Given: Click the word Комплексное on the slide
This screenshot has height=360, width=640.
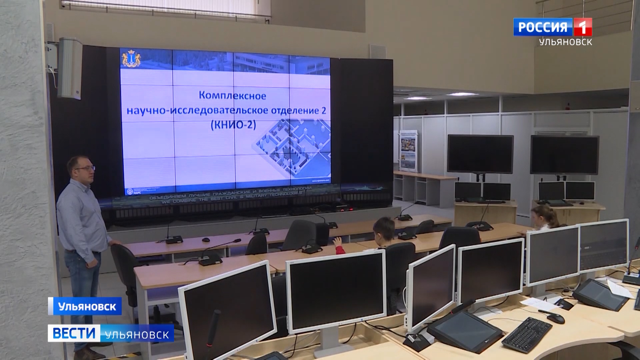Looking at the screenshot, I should pyautogui.click(x=232, y=96).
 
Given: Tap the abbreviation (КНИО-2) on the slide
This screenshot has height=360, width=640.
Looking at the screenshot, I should pyautogui.click(x=233, y=125).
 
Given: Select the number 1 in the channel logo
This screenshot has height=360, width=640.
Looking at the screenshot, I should pyautogui.click(x=582, y=27).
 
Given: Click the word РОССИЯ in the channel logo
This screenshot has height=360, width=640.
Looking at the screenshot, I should pyautogui.click(x=543, y=27).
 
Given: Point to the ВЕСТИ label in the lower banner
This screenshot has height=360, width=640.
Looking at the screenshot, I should pyautogui.click(x=74, y=333).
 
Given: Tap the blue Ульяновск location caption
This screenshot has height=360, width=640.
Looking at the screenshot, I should pyautogui.click(x=87, y=306).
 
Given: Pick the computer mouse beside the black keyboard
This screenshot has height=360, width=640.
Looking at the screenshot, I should pyautogui.click(x=556, y=318).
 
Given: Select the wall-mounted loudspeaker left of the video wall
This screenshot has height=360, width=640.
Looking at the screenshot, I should pyautogui.click(x=70, y=68).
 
